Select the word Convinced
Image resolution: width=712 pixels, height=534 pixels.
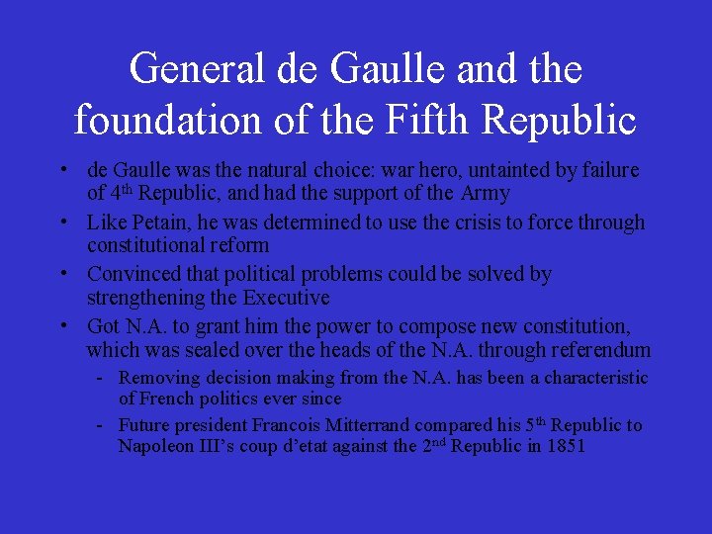tap(133, 274)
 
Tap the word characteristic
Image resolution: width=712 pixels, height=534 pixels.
tap(593, 378)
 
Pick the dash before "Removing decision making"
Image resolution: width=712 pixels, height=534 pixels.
tap(101, 378)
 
